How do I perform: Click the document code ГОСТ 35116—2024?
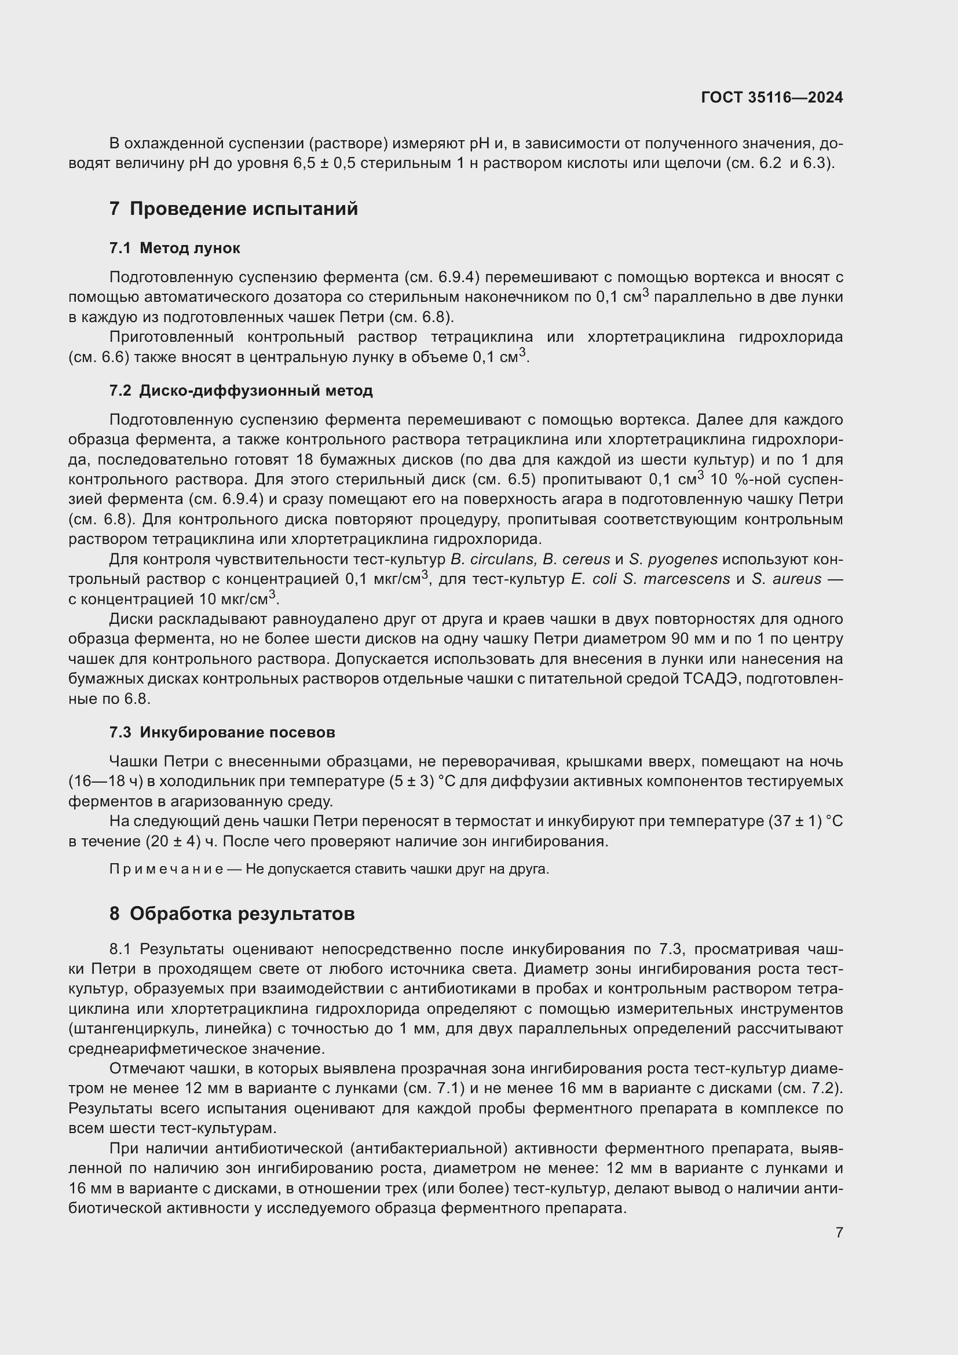click(771, 98)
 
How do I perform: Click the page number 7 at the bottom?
click(839, 1232)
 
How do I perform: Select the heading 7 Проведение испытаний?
click(233, 209)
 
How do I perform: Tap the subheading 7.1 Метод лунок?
click(174, 248)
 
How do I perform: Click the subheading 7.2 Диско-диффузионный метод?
click(242, 390)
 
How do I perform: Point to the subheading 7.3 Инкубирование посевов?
click(222, 732)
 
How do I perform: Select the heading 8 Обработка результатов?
click(232, 914)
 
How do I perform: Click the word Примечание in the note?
click(166, 870)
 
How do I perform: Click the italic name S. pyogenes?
click(673, 560)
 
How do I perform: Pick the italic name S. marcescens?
click(676, 579)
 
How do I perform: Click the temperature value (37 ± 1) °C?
click(805, 821)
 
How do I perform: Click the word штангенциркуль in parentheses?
click(134, 1029)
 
